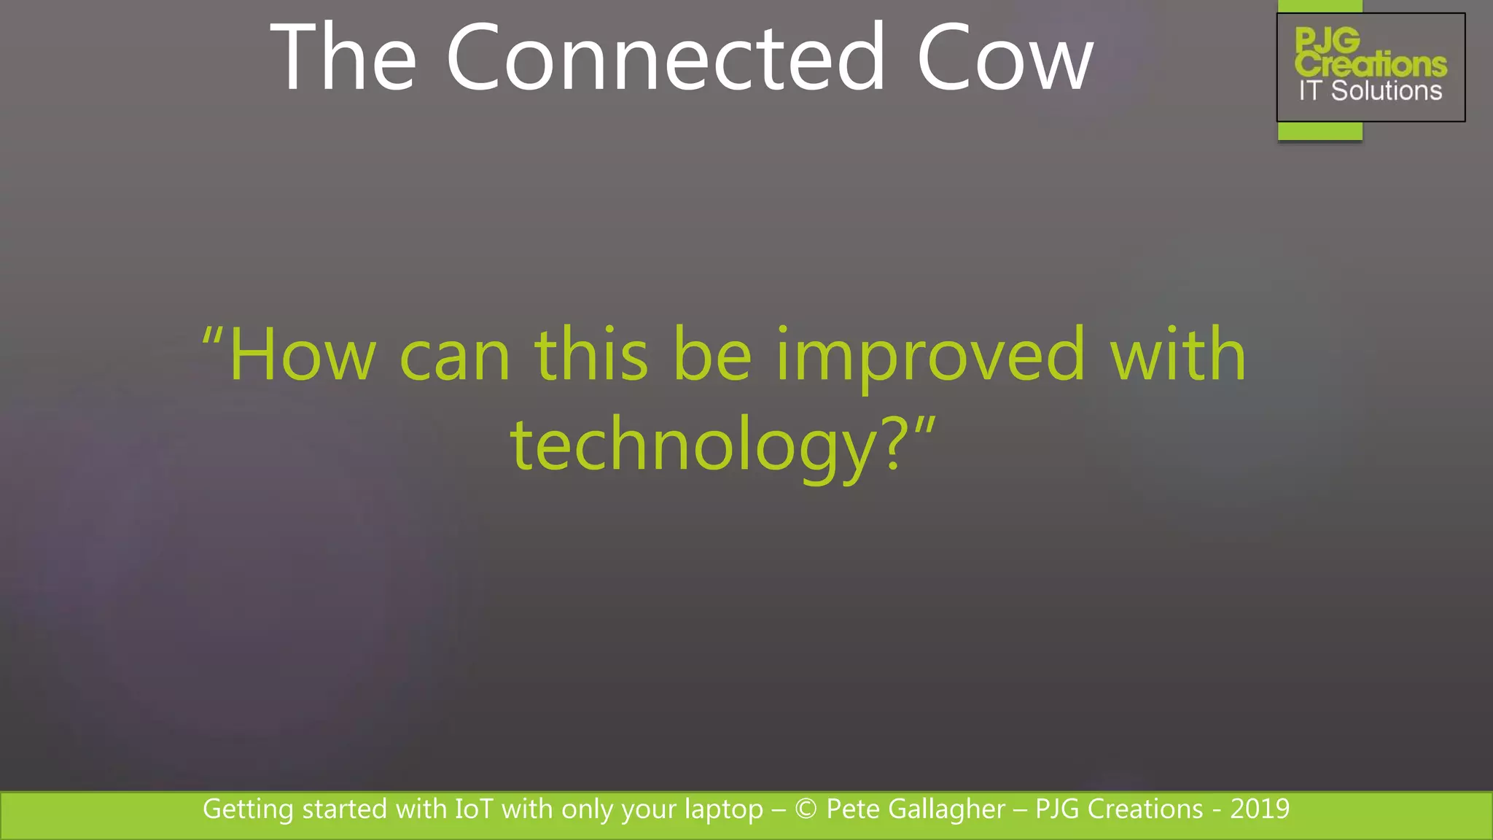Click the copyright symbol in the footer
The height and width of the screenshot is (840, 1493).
click(806, 809)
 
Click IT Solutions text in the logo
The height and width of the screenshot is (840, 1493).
click(1370, 91)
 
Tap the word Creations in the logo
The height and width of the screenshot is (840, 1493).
click(1371, 64)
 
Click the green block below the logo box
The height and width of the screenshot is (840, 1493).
click(1319, 131)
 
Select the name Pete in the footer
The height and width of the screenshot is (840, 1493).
click(852, 809)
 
